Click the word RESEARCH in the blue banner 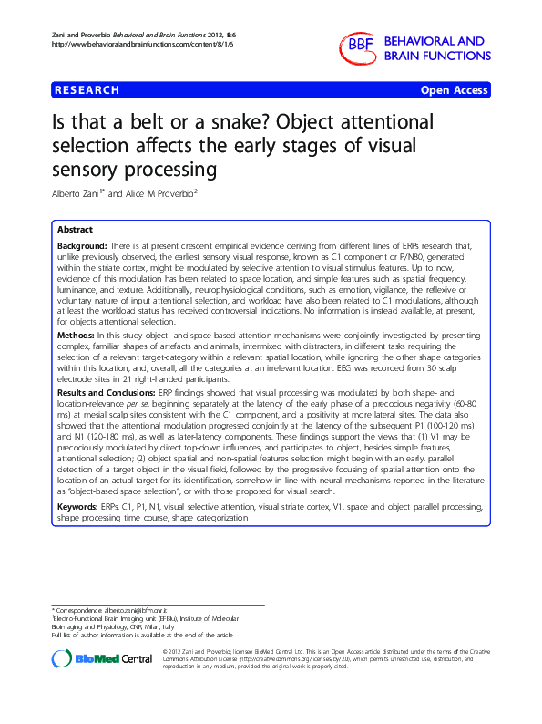point(87,90)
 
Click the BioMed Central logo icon point(62,658)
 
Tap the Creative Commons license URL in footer point(269,659)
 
